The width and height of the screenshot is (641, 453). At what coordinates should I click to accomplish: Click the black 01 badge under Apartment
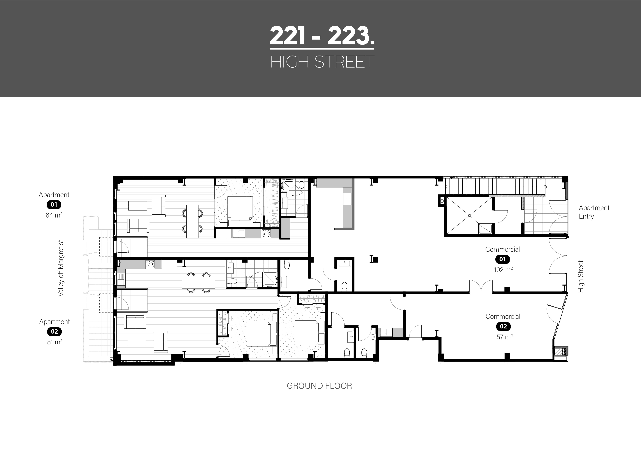coord(54,205)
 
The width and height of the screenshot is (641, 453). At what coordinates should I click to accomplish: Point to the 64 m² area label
coord(54,215)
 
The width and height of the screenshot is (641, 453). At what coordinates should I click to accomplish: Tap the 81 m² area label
coord(55,342)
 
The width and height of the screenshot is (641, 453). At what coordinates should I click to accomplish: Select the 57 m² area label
coord(504,337)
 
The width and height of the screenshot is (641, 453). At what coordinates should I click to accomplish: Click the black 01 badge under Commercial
coord(503,259)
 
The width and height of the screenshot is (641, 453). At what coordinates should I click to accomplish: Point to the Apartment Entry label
coord(594,212)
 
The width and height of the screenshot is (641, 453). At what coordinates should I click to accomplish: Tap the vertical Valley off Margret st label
coord(61,268)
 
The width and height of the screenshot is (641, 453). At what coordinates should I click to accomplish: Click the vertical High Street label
coord(581,276)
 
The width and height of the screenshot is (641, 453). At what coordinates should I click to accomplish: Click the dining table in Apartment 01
coord(192,221)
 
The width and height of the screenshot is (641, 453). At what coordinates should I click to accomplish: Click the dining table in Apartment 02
coord(199,283)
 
